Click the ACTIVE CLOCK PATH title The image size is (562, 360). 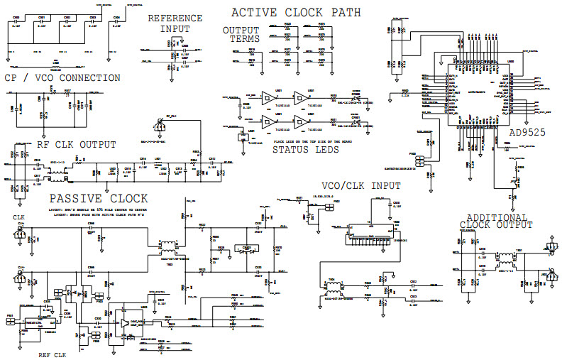coord(296,12)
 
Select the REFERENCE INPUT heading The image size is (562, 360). coord(169,23)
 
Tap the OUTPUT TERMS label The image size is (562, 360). coord(241,34)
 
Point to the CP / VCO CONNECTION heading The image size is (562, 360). coord(62,78)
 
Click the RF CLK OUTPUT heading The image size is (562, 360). coord(76,144)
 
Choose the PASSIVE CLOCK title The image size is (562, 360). coord(98,198)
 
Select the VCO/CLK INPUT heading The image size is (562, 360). coord(361,186)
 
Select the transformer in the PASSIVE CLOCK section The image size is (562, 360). coord(168,248)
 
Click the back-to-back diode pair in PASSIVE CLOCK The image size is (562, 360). coord(246,249)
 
